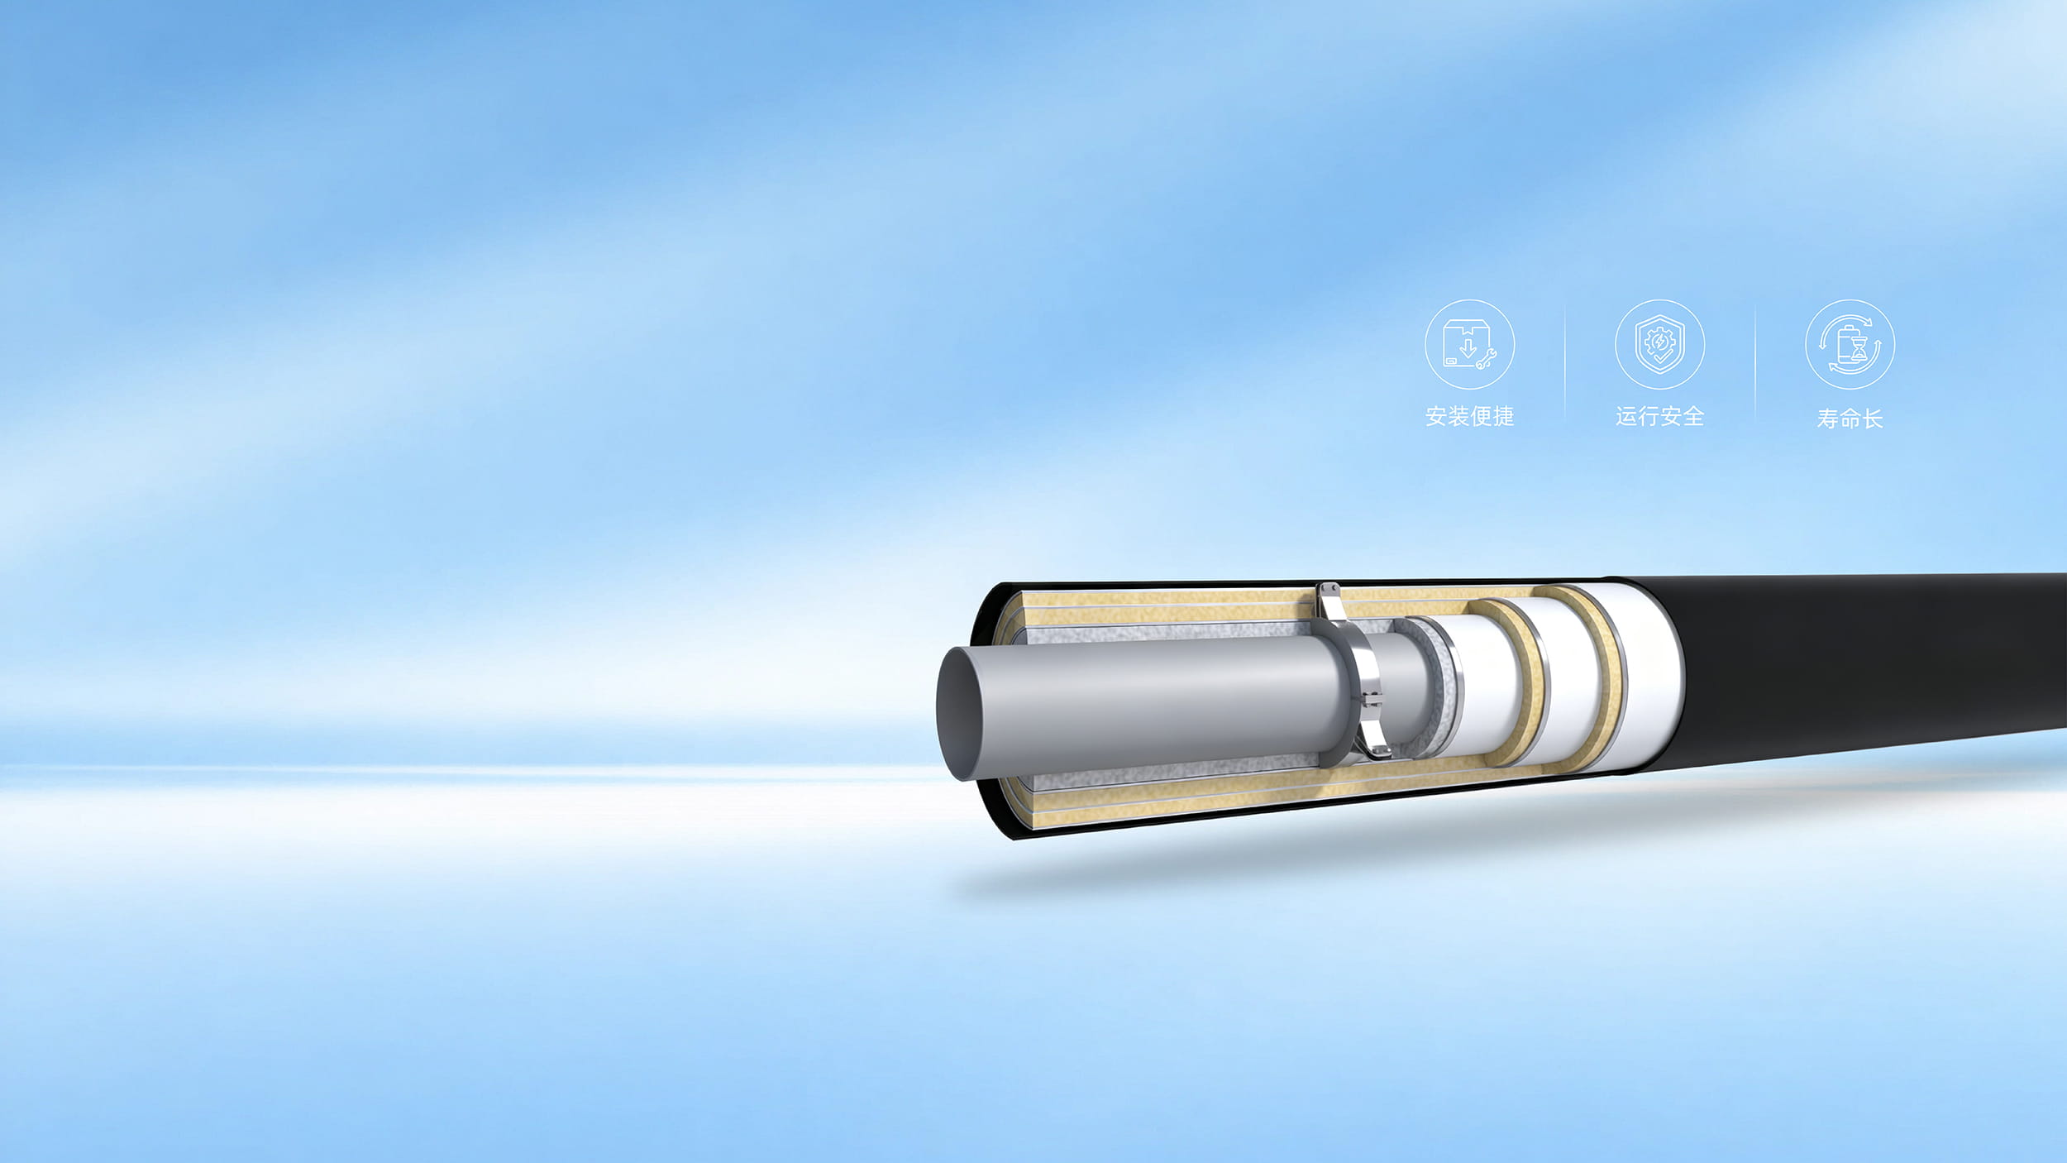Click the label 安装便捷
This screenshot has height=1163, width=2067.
tap(1469, 416)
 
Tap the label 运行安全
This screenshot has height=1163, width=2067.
tap(1659, 416)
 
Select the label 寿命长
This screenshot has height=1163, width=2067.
tap(1850, 419)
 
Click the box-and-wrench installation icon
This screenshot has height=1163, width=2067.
tap(1469, 344)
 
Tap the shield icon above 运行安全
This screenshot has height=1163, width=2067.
tap(1659, 344)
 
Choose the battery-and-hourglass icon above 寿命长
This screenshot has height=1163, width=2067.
tap(1850, 344)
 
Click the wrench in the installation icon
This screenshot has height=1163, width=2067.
tap(1486, 359)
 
